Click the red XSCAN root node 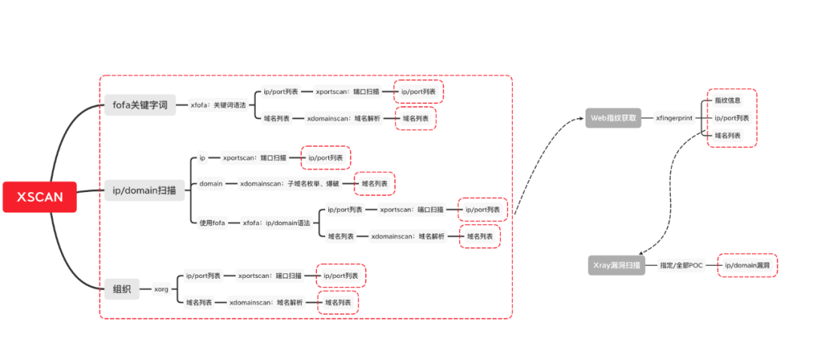tap(40, 197)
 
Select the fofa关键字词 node tap(139, 105)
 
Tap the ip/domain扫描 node tap(144, 191)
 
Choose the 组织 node tap(121, 288)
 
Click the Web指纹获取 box tap(614, 118)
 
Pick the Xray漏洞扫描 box tap(616, 266)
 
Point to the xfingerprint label tap(673, 118)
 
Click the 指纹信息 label tap(727, 100)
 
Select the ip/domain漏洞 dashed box tap(748, 266)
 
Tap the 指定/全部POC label tap(681, 266)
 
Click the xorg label tap(161, 288)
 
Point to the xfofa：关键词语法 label tap(218, 105)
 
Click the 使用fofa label tap(212, 223)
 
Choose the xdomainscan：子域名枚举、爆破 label tap(290, 183)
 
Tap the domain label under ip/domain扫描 tap(211, 183)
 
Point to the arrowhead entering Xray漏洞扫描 tap(641, 255)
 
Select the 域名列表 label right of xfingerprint tap(727, 136)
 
